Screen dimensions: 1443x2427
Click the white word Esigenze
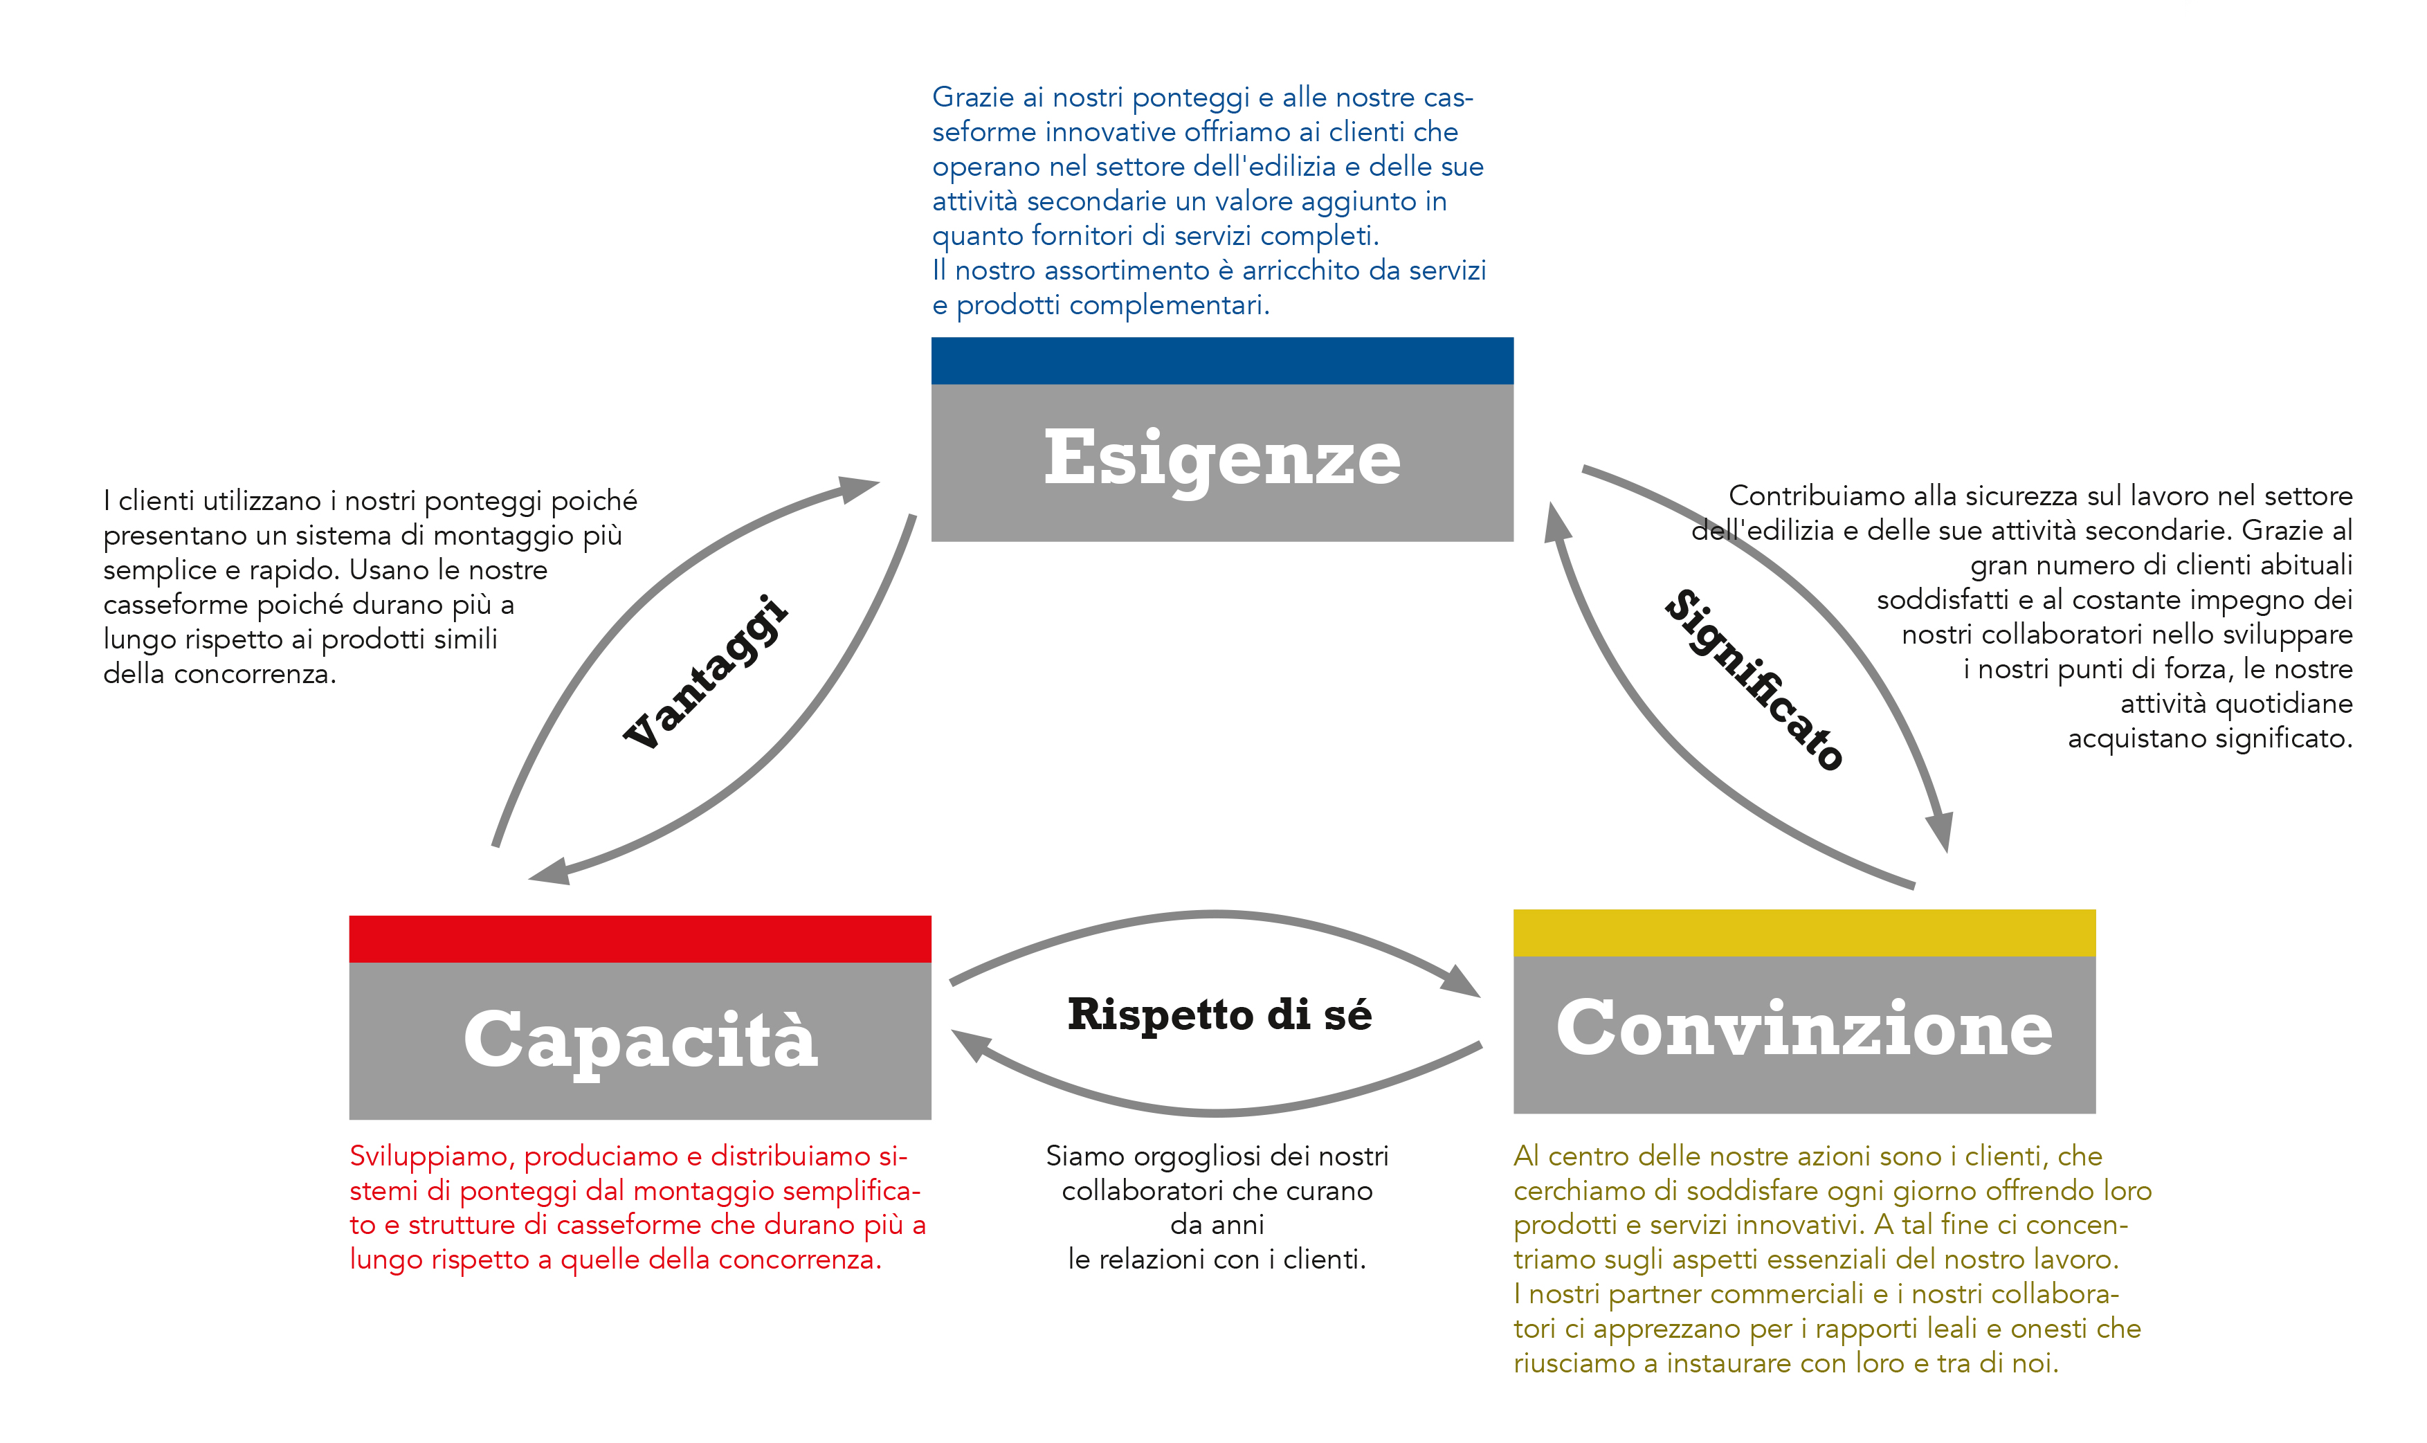pyautogui.click(x=1221, y=459)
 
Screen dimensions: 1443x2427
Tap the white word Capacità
pyautogui.click(x=640, y=1039)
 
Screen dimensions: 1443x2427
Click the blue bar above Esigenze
pyautogui.click(x=1221, y=361)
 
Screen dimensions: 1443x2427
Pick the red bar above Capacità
pyautogui.click(x=640, y=938)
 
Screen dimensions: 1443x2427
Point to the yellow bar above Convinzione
pyautogui.click(x=1803, y=932)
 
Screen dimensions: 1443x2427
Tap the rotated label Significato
pyautogui.click(x=1753, y=680)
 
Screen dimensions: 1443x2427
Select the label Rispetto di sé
pyautogui.click(x=1219, y=1014)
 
